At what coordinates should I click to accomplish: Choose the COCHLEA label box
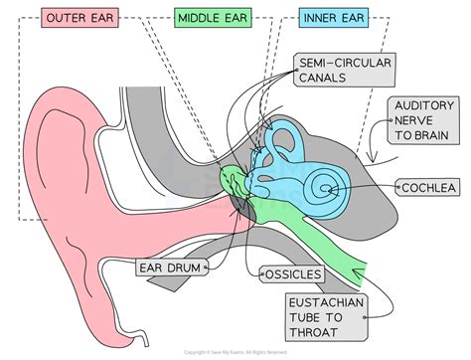pos(430,187)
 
